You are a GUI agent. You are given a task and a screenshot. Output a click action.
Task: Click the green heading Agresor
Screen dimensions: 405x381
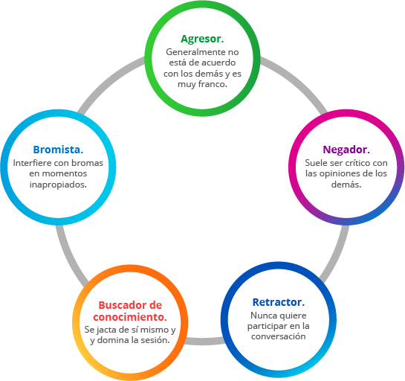(202, 39)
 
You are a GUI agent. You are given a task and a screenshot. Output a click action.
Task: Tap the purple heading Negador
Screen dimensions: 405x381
(346, 150)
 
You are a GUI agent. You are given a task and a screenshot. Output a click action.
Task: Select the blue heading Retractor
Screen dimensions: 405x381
(279, 302)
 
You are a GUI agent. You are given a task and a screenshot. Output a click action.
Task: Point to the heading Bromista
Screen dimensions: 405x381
(58, 150)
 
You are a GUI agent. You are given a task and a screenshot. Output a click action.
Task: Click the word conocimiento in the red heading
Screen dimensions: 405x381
(130, 317)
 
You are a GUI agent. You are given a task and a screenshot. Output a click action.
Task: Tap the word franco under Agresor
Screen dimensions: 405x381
(213, 84)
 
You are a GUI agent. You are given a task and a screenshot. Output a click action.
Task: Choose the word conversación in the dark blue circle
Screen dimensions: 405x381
(279, 336)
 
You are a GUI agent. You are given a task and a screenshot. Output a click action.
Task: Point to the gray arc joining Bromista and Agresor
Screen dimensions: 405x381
(108, 82)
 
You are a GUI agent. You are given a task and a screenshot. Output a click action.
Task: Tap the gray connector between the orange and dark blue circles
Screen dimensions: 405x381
(204, 341)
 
